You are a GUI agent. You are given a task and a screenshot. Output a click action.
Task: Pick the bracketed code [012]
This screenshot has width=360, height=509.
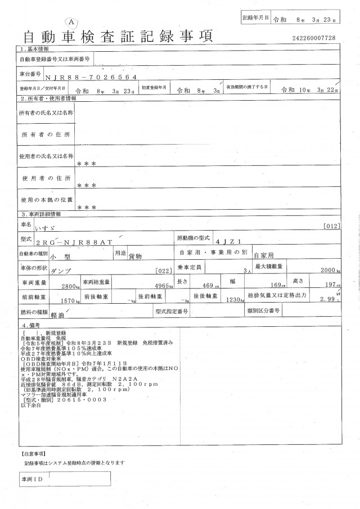(x=332, y=226)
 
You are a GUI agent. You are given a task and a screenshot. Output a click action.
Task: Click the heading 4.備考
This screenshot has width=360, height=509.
(x=31, y=325)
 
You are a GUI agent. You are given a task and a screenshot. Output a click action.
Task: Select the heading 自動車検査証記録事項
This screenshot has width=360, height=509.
(x=118, y=37)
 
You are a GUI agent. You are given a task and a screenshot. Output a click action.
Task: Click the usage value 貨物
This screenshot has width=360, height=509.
(x=136, y=255)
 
